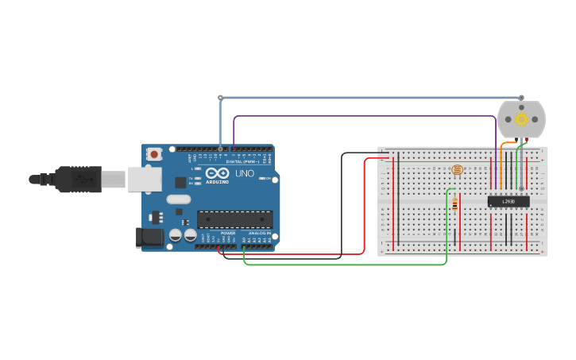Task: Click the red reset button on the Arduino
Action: click(x=153, y=153)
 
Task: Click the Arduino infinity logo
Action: click(x=217, y=173)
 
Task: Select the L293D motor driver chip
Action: click(x=508, y=201)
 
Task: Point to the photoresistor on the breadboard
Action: click(x=456, y=169)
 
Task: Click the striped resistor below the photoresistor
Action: click(x=454, y=203)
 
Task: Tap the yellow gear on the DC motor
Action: click(x=521, y=119)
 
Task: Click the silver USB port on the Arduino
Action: click(x=145, y=180)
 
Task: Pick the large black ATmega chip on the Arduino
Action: click(x=235, y=219)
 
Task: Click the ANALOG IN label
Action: click(x=259, y=233)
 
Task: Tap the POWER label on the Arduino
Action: click(x=228, y=233)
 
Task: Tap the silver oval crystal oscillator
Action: click(x=179, y=199)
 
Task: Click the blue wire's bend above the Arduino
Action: click(x=220, y=98)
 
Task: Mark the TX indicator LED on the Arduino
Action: click(x=196, y=176)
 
